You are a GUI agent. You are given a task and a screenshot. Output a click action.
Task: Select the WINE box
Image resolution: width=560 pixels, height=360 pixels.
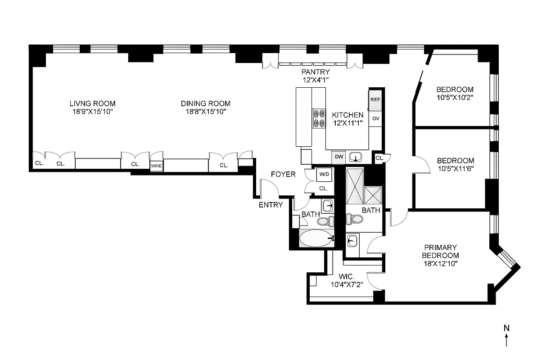point(156,166)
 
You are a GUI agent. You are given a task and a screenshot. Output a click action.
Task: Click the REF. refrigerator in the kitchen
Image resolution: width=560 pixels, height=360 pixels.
point(375,100)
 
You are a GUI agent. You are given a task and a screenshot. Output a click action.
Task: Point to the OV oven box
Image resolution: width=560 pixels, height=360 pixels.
point(375,119)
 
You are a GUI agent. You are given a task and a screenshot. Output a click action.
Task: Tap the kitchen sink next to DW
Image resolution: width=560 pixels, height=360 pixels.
point(357,157)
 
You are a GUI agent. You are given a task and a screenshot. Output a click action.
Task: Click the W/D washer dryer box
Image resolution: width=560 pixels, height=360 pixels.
point(324,174)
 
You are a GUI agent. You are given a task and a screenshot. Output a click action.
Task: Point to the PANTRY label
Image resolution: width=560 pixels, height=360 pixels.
point(316,72)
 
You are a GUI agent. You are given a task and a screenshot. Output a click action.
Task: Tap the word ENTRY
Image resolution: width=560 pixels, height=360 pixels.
point(271,205)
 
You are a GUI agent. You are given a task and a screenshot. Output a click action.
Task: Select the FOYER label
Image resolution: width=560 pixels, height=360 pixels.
point(283,174)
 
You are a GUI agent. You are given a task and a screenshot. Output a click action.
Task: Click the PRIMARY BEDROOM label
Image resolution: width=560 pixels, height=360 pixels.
point(440,251)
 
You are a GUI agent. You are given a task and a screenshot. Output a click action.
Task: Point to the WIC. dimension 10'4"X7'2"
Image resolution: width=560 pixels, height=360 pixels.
point(347,284)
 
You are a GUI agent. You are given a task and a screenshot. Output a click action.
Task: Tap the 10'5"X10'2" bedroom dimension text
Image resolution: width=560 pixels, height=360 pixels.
point(455,97)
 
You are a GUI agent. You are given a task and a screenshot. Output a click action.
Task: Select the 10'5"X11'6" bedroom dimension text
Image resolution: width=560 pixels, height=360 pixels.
point(455,169)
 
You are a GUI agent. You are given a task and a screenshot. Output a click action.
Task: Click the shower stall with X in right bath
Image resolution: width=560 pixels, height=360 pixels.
point(373,195)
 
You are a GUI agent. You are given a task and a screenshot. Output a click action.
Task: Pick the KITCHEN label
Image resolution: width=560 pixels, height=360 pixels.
point(348,115)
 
